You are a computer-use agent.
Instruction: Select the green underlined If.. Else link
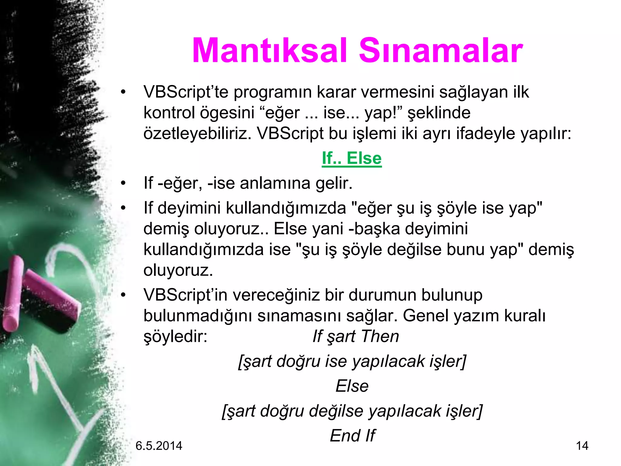pyautogui.click(x=352, y=158)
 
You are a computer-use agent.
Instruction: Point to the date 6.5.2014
pyautogui.click(x=159, y=446)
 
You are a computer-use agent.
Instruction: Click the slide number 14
pyautogui.click(x=582, y=446)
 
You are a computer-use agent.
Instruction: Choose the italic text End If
pyautogui.click(x=352, y=436)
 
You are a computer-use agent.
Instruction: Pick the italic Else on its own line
pyautogui.click(x=352, y=386)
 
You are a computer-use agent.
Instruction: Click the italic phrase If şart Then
pyautogui.click(x=356, y=336)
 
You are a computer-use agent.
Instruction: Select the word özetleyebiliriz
pyautogui.click(x=197, y=133)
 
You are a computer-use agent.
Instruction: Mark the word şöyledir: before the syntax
pyautogui.click(x=175, y=336)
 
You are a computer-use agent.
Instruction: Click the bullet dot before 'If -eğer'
pyautogui.click(x=123, y=183)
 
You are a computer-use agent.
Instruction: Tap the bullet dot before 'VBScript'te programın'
pyautogui.click(x=123, y=92)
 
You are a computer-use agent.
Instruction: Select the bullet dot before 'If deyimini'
pyautogui.click(x=123, y=208)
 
